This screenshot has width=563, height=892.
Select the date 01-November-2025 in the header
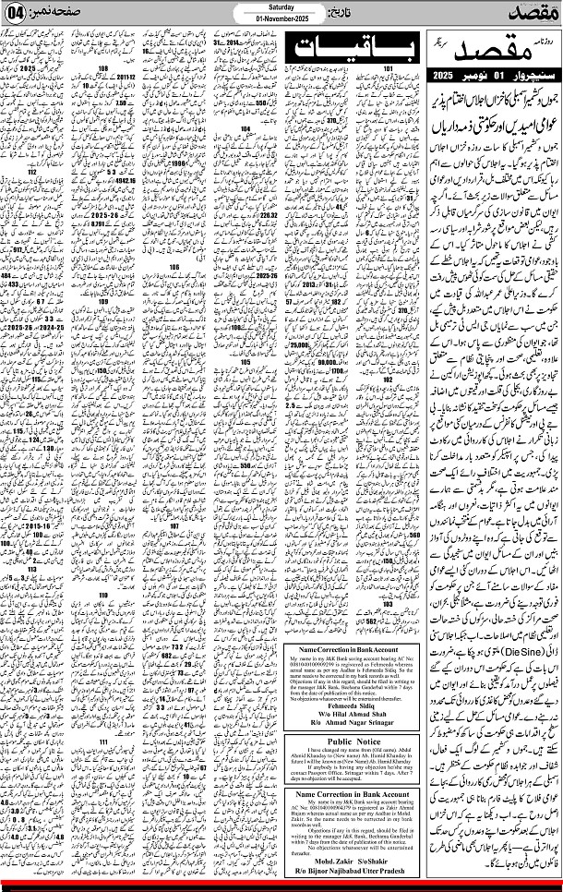(x=281, y=20)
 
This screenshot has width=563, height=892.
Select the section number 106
(x=174, y=267)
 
